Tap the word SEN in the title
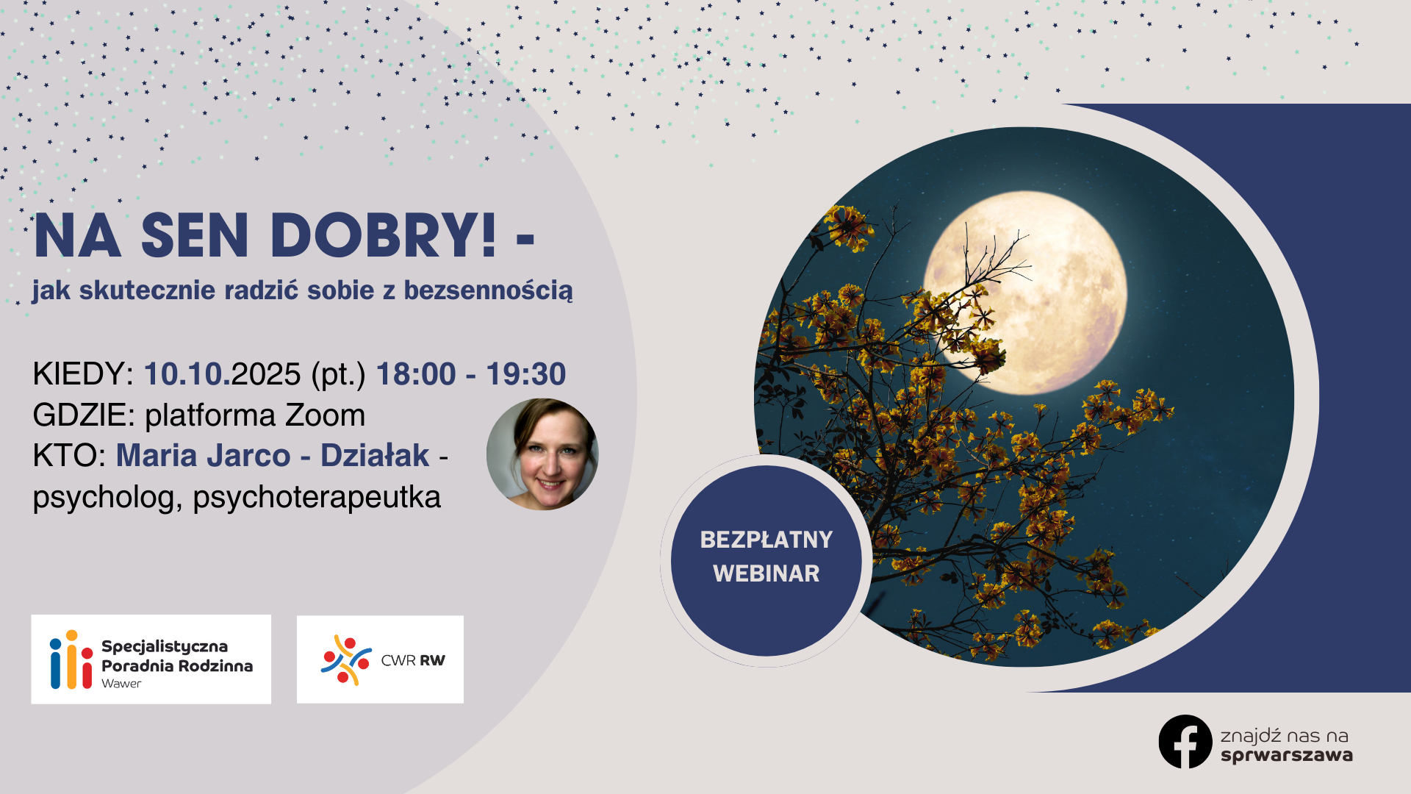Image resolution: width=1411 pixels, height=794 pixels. [x=195, y=236]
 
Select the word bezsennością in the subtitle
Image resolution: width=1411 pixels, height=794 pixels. [x=488, y=290]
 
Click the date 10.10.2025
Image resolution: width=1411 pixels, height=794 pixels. [x=222, y=374]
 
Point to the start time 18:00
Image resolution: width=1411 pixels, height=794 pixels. [x=416, y=374]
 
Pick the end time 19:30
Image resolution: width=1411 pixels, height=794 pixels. [x=525, y=374]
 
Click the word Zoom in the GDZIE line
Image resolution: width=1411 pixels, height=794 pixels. [x=325, y=415]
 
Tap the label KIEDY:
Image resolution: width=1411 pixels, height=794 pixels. [x=82, y=374]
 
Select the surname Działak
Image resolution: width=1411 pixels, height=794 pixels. [x=375, y=456]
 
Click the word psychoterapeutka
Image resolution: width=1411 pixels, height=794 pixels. [x=317, y=498]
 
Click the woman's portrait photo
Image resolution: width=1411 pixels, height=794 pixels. [x=542, y=454]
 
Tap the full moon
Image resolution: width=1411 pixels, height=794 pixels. [x=1025, y=290]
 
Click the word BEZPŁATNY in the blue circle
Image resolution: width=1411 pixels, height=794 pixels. [x=766, y=540]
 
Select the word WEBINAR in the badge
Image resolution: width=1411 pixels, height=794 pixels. [x=766, y=573]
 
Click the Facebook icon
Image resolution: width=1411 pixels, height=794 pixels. [x=1185, y=742]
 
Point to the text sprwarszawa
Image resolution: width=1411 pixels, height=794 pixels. [x=1286, y=755]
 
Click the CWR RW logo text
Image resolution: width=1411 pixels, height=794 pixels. [x=413, y=660]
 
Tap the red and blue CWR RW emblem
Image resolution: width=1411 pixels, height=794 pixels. [x=345, y=659]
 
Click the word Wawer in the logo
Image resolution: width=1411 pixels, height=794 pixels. [x=121, y=684]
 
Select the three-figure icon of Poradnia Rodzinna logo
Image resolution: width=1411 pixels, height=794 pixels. [x=71, y=659]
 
